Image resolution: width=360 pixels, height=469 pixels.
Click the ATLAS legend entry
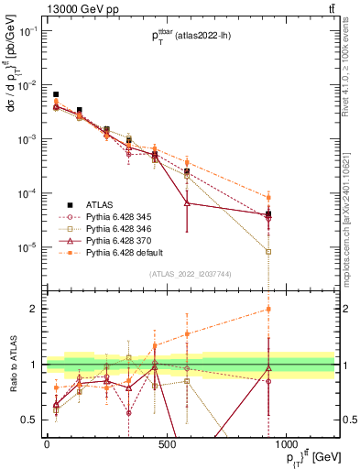pyautogui.click(x=101, y=204)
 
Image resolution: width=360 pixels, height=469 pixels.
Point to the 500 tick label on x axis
pyautogui.click(x=167, y=444)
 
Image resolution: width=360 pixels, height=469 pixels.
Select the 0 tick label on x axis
pyautogui.click(x=47, y=444)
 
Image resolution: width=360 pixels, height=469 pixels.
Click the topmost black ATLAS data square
pyautogui.click(x=56, y=94)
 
